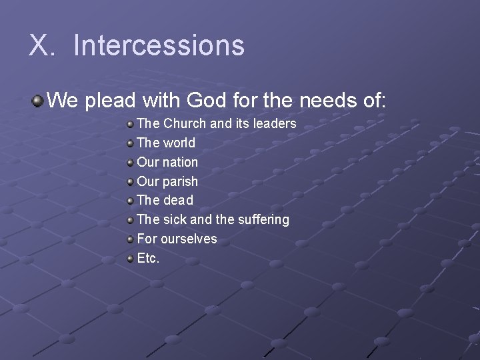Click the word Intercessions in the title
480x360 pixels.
(159, 45)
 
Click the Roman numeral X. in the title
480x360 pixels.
(42, 45)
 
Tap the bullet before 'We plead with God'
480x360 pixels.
(37, 101)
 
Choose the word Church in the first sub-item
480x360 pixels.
(185, 123)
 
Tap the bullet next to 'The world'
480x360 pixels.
(130, 143)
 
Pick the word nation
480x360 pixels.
(180, 162)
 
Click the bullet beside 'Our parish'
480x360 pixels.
(130, 181)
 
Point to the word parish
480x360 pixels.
(180, 181)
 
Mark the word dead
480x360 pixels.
(178, 200)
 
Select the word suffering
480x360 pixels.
(263, 219)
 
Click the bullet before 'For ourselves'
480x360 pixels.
(130, 239)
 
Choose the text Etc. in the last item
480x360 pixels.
(148, 258)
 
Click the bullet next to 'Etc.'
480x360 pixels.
(130, 258)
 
